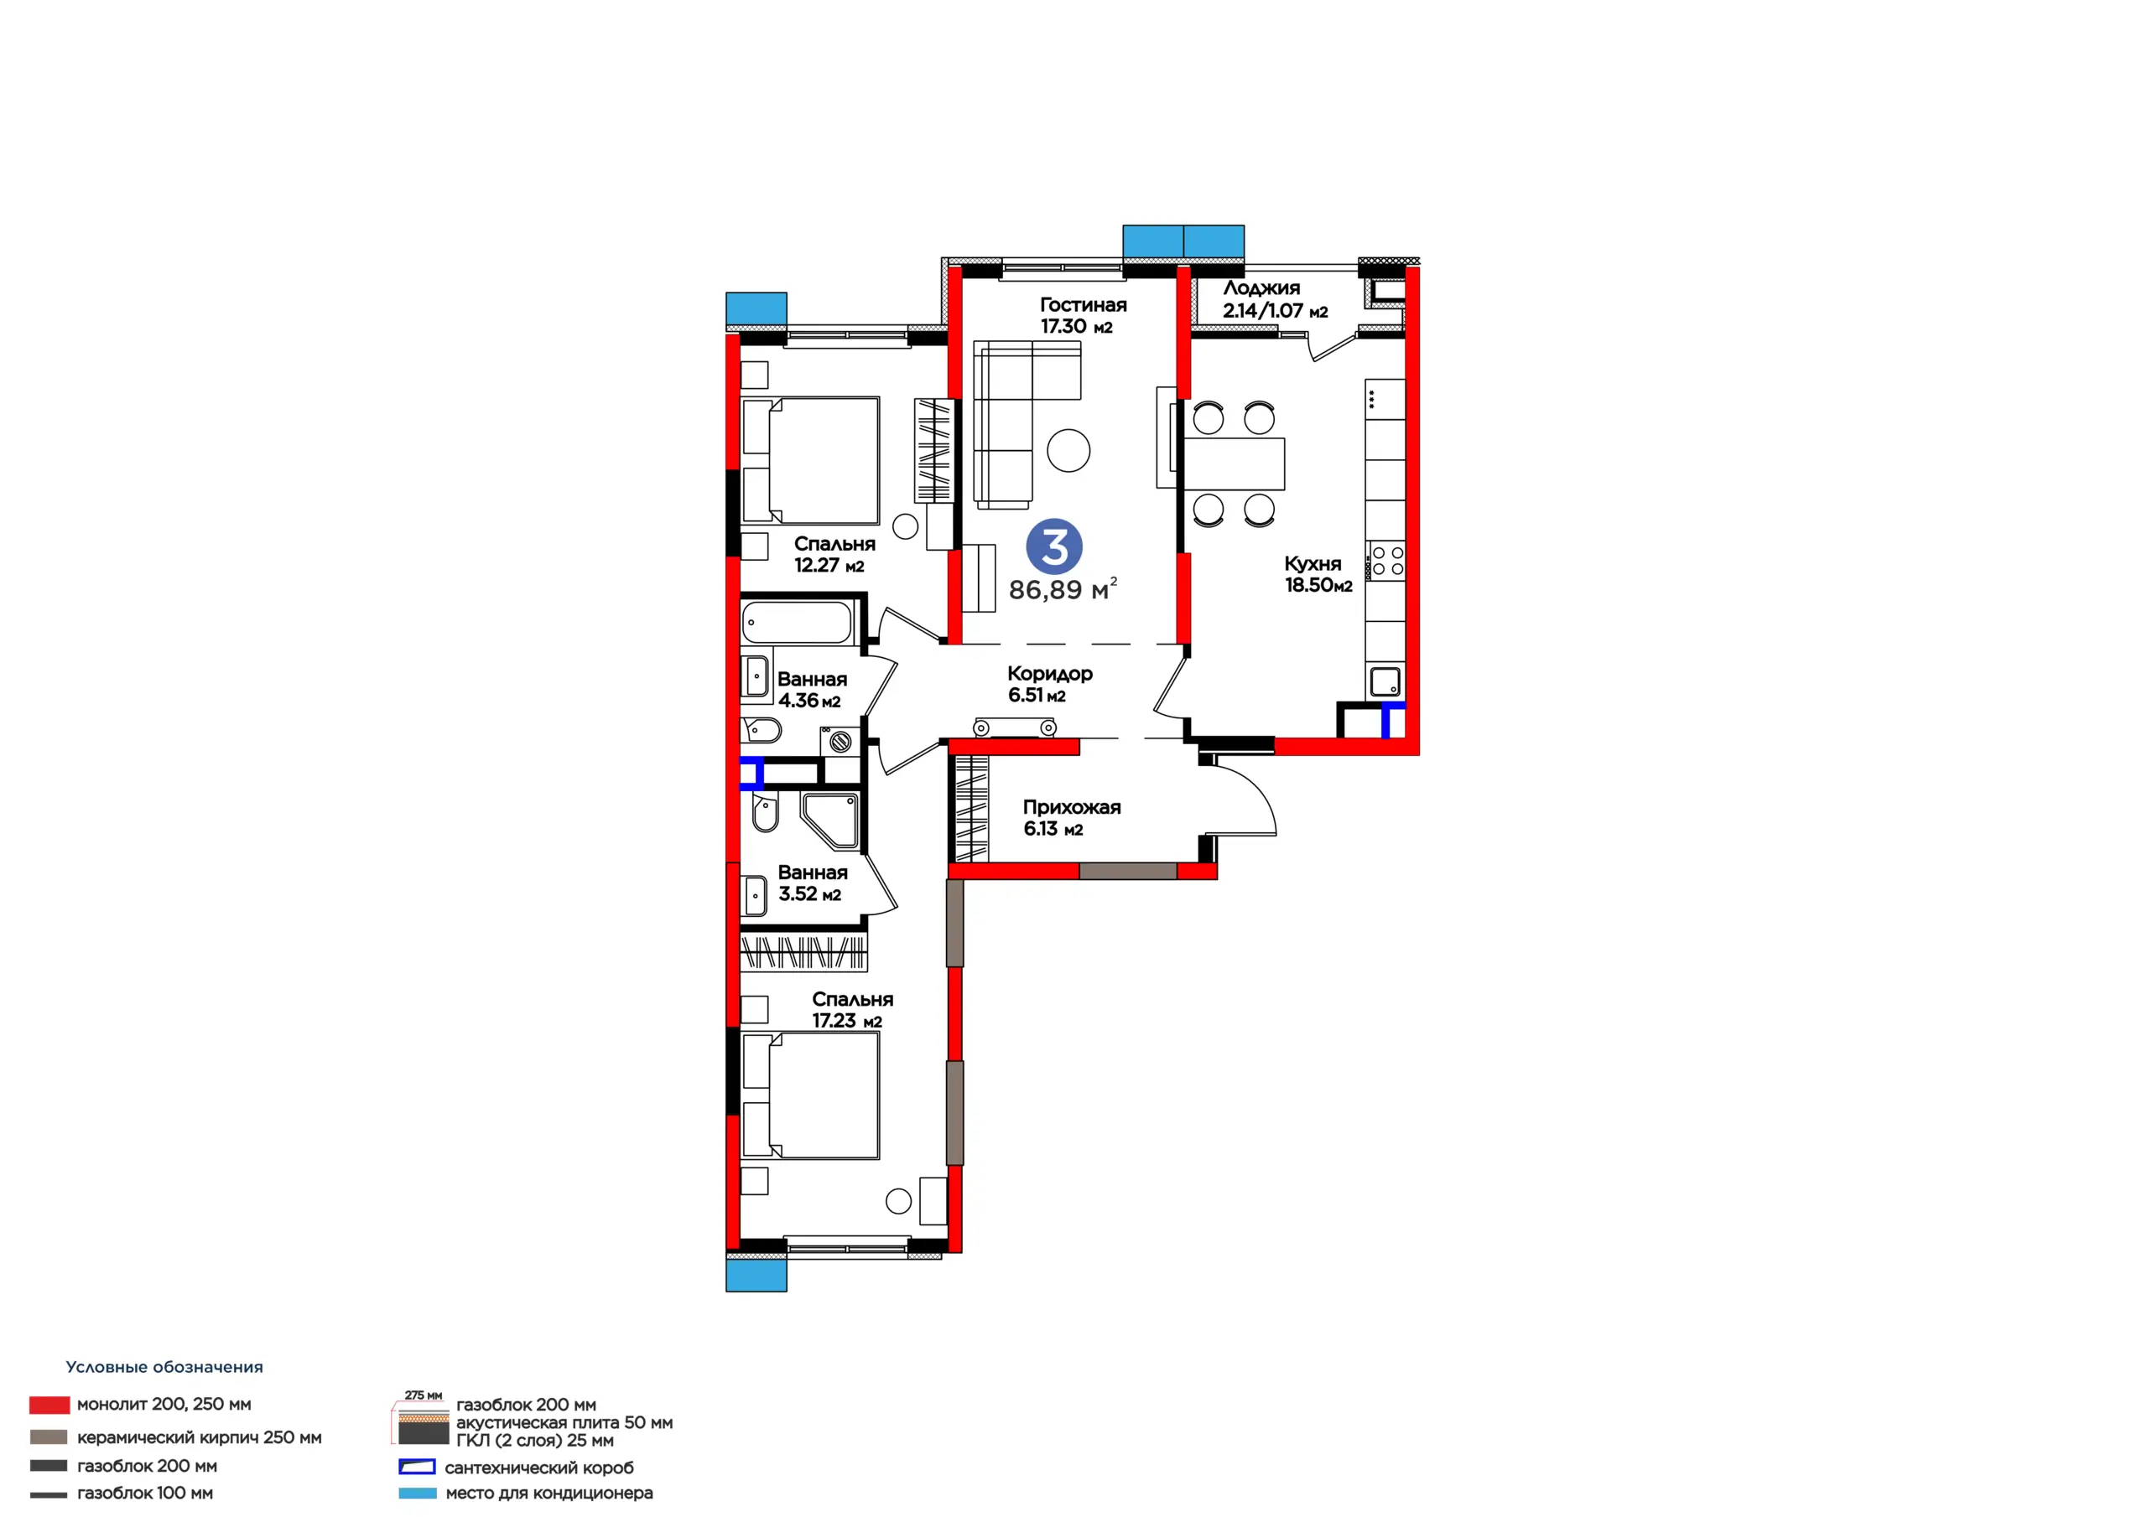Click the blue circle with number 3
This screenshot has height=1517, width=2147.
click(1054, 546)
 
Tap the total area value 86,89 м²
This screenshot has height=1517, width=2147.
click(1063, 590)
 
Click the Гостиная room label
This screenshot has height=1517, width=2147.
click(1083, 305)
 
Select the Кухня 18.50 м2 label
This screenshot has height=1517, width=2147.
click(1318, 574)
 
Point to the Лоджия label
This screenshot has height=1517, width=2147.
click(1261, 287)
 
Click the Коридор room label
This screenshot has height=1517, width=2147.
click(1049, 674)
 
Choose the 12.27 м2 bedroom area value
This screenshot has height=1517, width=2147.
click(829, 566)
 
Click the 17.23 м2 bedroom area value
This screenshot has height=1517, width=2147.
click(846, 1022)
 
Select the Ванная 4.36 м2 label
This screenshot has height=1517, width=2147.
click(812, 690)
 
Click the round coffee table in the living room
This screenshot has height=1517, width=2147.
click(1068, 451)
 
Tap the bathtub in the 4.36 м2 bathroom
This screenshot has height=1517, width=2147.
click(797, 623)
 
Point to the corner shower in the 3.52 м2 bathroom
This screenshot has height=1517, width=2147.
click(830, 821)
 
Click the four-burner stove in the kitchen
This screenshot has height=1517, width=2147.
click(1385, 561)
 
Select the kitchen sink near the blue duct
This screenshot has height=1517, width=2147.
click(1385, 681)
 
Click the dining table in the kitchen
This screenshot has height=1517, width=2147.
click(1235, 463)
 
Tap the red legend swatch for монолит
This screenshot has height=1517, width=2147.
click(49, 1405)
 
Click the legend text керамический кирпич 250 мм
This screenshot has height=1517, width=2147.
click(199, 1437)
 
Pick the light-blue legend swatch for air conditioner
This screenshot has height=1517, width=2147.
click(417, 1494)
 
